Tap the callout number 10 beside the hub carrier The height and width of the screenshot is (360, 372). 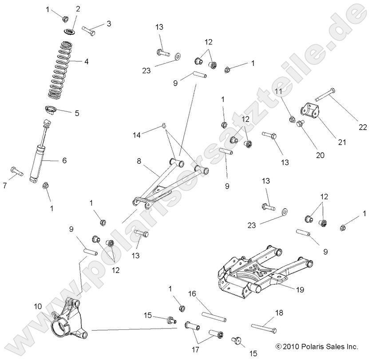point(38,306)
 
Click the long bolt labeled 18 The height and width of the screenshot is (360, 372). point(264,328)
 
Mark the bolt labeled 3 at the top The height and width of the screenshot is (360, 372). point(91,31)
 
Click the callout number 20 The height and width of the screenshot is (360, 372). point(320,155)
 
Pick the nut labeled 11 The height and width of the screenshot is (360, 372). point(292,119)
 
